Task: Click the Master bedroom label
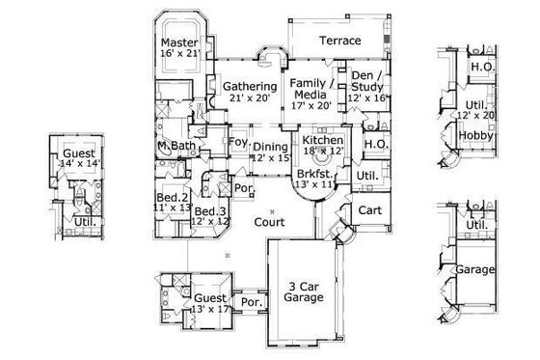179,43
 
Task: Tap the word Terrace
340,41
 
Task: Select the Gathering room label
244,86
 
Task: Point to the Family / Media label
311,90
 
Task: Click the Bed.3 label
211,212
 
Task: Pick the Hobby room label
476,136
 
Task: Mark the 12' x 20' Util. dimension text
480,115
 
